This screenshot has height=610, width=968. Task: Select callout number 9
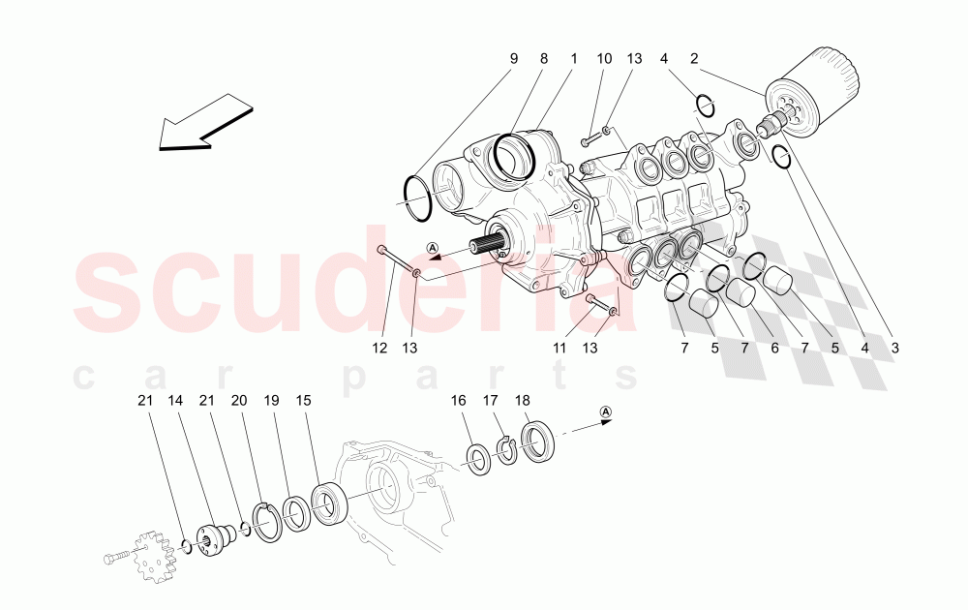[514, 59]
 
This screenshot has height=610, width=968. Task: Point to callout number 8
[544, 59]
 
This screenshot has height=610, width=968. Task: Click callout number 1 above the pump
[573, 59]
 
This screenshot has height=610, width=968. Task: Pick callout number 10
[604, 59]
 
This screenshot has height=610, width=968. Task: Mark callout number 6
[773, 348]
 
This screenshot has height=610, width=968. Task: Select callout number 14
[174, 400]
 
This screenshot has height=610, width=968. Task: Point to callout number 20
[239, 400]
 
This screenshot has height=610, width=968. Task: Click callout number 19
[272, 400]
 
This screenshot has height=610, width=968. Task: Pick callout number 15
[304, 400]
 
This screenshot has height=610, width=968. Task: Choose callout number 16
[458, 400]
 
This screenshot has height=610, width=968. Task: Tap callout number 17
[491, 400]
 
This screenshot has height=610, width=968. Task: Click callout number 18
[523, 400]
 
